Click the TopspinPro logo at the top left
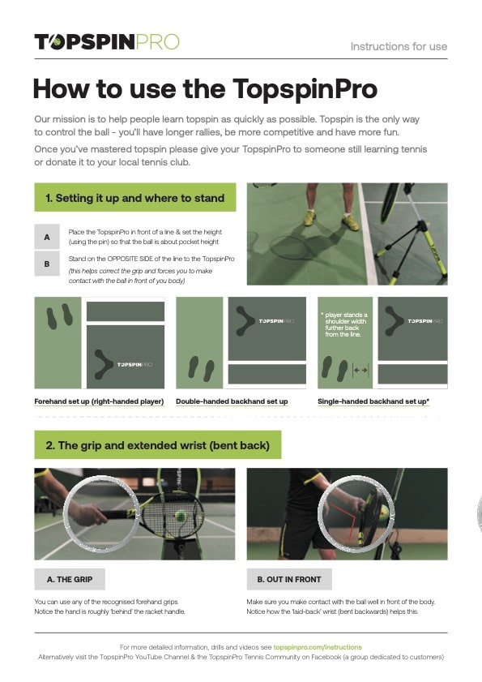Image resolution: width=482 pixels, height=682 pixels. [x=106, y=42]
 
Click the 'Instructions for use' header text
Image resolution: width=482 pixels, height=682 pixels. [x=398, y=46]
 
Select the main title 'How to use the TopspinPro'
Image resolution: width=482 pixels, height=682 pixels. [x=204, y=88]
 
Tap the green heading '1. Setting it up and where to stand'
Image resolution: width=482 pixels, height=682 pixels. [x=134, y=197]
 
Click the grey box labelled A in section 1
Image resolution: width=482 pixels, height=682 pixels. [x=47, y=237]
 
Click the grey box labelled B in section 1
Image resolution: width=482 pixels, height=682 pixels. [x=47, y=264]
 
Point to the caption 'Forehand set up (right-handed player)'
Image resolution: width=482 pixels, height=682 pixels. [x=99, y=401]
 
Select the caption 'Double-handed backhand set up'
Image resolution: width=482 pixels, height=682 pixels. [x=232, y=401]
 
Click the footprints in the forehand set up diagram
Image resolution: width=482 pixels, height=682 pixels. [x=60, y=315]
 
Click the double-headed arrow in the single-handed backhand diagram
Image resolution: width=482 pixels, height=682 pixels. [x=360, y=370]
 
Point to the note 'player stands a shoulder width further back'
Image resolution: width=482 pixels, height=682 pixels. [x=345, y=324]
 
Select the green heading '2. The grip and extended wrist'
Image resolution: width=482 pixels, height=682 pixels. [x=157, y=445]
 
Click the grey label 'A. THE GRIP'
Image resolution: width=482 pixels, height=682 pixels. [x=70, y=579]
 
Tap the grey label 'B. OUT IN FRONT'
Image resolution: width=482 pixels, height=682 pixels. [x=289, y=579]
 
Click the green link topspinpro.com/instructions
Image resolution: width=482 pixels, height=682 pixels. [x=318, y=647]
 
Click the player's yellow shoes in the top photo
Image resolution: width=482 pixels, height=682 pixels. [x=329, y=219]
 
